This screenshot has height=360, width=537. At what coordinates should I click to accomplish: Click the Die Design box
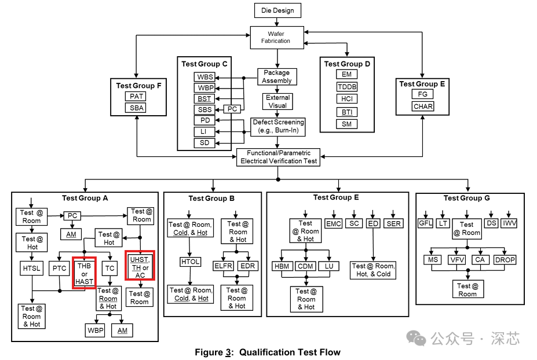(x=277, y=10)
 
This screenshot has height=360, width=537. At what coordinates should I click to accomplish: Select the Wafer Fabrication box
(x=277, y=37)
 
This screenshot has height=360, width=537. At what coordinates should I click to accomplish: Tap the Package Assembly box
(x=277, y=76)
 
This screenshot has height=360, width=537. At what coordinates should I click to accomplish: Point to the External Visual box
(x=277, y=102)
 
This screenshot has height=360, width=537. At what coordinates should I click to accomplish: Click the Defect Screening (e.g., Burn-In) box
(x=277, y=127)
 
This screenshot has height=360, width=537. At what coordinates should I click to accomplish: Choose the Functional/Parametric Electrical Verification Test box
(x=279, y=157)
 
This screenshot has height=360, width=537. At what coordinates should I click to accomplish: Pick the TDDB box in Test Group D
(x=347, y=87)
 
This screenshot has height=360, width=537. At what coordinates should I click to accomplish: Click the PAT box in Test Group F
(x=136, y=97)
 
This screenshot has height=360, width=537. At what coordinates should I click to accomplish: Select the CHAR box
(x=423, y=106)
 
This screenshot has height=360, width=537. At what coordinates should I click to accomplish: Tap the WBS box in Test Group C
(x=204, y=77)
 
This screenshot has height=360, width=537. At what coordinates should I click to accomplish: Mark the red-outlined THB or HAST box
(x=84, y=273)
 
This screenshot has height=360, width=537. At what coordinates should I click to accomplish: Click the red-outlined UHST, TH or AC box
(x=140, y=266)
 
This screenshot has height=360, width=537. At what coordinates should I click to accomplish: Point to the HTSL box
(x=31, y=269)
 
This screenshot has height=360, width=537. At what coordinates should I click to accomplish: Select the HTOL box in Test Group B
(x=191, y=262)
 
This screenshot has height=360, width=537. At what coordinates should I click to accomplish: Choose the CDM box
(x=305, y=266)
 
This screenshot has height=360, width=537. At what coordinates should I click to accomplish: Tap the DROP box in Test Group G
(x=505, y=260)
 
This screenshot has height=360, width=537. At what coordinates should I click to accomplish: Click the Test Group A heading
(x=85, y=198)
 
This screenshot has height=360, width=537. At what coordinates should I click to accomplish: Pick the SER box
(x=393, y=223)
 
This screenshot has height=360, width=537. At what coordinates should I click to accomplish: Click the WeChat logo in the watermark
(x=416, y=339)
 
